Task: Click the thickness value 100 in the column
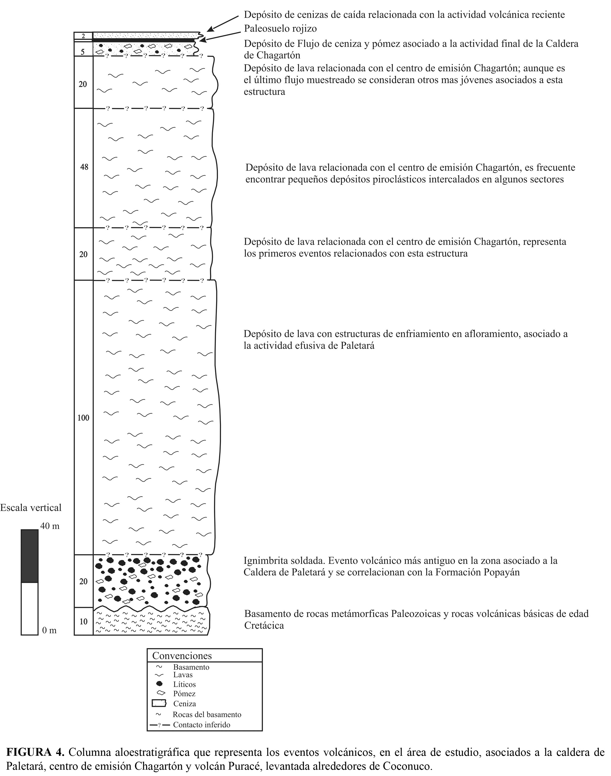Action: pos(83,418)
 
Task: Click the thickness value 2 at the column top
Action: pos(83,36)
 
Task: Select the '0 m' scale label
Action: pos(49,630)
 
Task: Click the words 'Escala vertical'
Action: pos(31,507)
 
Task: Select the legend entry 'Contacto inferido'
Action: pos(202,725)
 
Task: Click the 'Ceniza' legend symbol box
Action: pos(159,703)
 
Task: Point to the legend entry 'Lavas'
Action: pos(183,675)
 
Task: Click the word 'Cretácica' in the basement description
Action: pos(264,626)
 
